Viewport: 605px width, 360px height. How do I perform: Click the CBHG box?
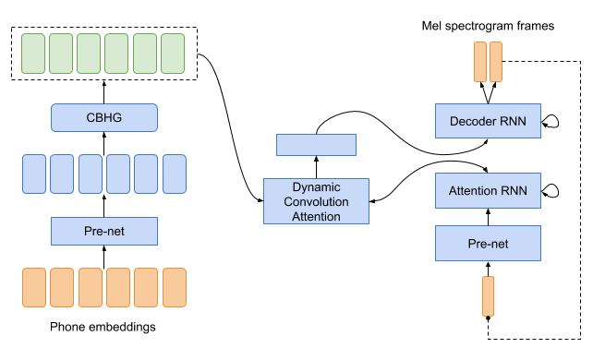coord(104,117)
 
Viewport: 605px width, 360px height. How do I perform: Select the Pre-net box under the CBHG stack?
coord(104,231)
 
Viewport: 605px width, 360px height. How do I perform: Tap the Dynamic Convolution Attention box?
coord(316,201)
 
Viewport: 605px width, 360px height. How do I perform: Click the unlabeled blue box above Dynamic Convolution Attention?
coord(316,145)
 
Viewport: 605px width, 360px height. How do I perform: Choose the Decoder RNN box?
coord(488,121)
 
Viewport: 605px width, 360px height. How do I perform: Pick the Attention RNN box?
coord(488,192)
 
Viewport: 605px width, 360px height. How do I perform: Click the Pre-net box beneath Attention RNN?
coord(488,244)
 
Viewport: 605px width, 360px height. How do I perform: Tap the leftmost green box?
coord(33,54)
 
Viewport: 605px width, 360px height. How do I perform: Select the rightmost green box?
coord(173,54)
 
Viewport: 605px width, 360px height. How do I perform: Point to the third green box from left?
coord(89,54)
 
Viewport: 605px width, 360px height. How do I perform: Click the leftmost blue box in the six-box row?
coord(34,174)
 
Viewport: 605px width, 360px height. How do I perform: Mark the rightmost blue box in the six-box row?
coord(175,174)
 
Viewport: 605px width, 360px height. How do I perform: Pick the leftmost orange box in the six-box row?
coord(34,288)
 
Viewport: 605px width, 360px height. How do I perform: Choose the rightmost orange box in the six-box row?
coord(175,288)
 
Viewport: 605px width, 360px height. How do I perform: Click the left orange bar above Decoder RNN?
coord(479,62)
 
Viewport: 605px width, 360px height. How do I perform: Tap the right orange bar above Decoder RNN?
coord(496,62)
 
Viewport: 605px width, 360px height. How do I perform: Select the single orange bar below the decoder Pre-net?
coord(488,296)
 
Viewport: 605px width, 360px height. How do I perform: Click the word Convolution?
coord(316,201)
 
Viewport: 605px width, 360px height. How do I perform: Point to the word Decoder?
coord(472,121)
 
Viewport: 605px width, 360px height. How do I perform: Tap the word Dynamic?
coord(316,186)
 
